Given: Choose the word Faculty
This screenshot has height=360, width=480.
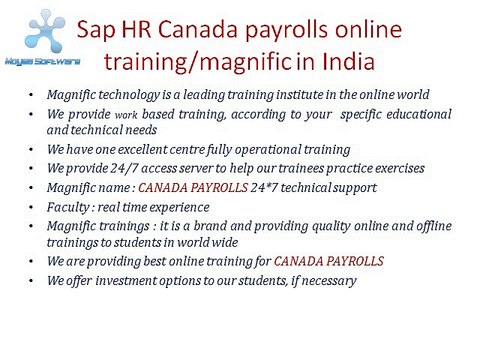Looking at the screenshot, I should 71,205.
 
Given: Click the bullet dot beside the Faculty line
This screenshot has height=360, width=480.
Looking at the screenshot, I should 32,205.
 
